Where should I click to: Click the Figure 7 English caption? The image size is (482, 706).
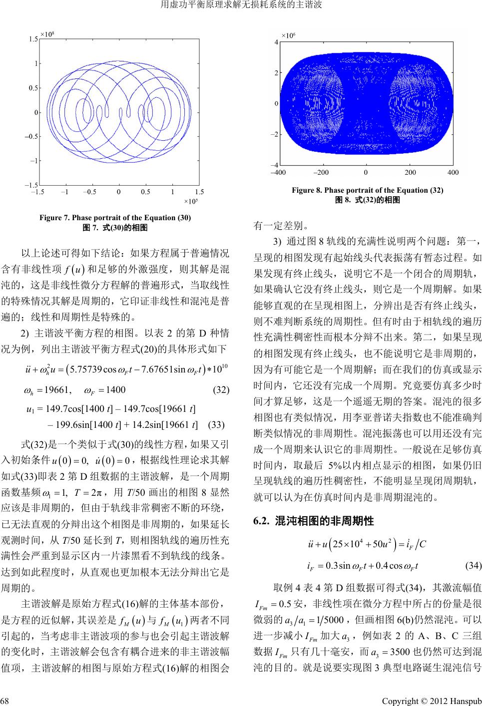(115, 217)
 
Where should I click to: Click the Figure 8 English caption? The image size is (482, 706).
(367, 190)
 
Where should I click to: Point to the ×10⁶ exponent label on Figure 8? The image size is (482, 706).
(289, 36)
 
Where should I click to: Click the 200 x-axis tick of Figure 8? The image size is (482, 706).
(410, 172)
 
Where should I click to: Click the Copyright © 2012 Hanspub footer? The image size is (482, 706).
(431, 699)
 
